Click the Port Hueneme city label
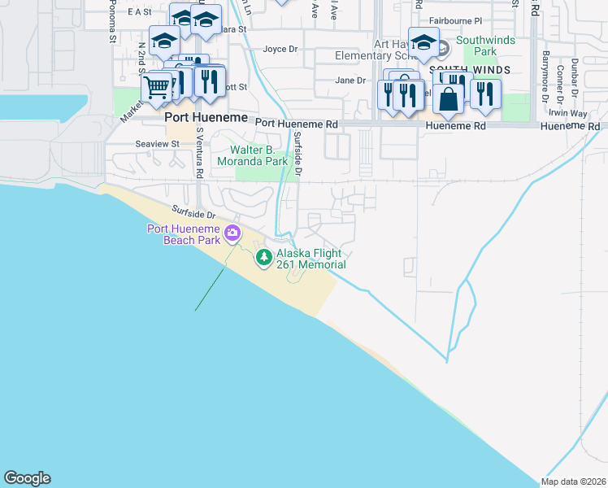tap(194, 117)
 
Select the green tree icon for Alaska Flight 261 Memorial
tap(263, 258)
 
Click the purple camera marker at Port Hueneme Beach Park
tap(232, 234)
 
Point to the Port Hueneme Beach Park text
tap(185, 234)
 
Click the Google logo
tap(27, 478)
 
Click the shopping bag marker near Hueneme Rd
tap(448, 99)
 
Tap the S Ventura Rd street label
tap(198, 152)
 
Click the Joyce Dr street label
tap(280, 50)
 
